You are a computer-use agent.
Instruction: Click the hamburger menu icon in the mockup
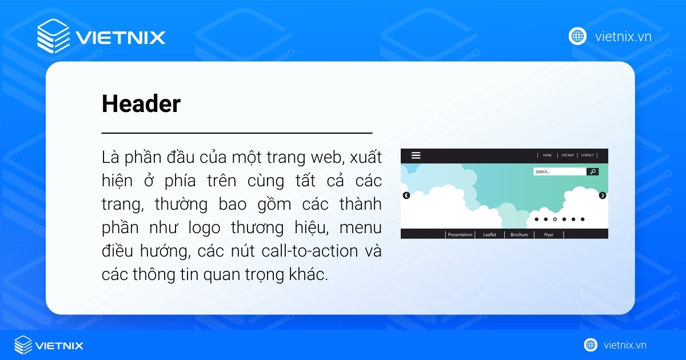[416, 155]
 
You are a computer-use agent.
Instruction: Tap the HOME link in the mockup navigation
[547, 155]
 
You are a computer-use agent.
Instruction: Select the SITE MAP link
[567, 155]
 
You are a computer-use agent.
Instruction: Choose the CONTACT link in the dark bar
[587, 155]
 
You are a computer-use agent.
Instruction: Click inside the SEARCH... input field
[559, 171]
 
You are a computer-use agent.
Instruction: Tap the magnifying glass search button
[593, 171]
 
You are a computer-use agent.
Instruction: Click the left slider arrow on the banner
[406, 195]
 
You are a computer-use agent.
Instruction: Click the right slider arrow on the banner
[603, 195]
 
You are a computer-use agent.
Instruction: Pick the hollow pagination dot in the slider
[555, 219]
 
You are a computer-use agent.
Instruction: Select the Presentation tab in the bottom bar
[460, 234]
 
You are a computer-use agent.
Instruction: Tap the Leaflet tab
[490, 234]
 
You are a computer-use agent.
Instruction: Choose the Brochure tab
[519, 234]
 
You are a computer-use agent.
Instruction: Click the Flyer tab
[549, 234]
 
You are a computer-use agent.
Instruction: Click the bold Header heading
[141, 104]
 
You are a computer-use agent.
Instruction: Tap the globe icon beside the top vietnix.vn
[577, 36]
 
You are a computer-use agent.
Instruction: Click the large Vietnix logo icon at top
[53, 37]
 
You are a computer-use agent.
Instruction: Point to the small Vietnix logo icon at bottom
[23, 345]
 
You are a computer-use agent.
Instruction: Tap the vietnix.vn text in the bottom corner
[624, 345]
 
